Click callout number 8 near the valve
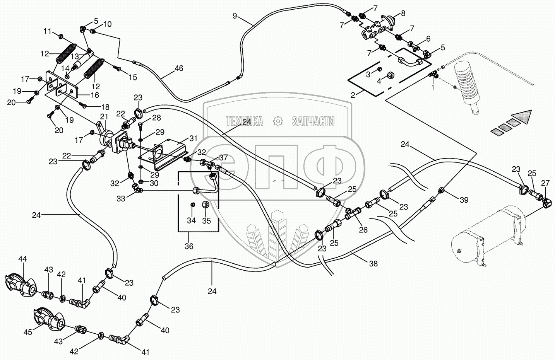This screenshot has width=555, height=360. (403, 14)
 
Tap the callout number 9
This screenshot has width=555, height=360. (235, 16)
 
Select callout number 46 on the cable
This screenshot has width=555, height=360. (178, 69)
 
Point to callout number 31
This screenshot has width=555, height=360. (193, 138)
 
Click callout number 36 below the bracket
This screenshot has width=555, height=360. (188, 246)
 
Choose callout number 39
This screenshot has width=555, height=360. (464, 200)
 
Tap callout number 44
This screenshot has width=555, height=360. (22, 259)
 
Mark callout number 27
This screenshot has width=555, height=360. (545, 183)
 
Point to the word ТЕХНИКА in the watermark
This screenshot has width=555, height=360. (244, 121)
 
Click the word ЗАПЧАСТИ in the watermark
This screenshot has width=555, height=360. (313, 121)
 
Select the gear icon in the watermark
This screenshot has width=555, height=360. (277, 121)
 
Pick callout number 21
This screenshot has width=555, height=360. (104, 116)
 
